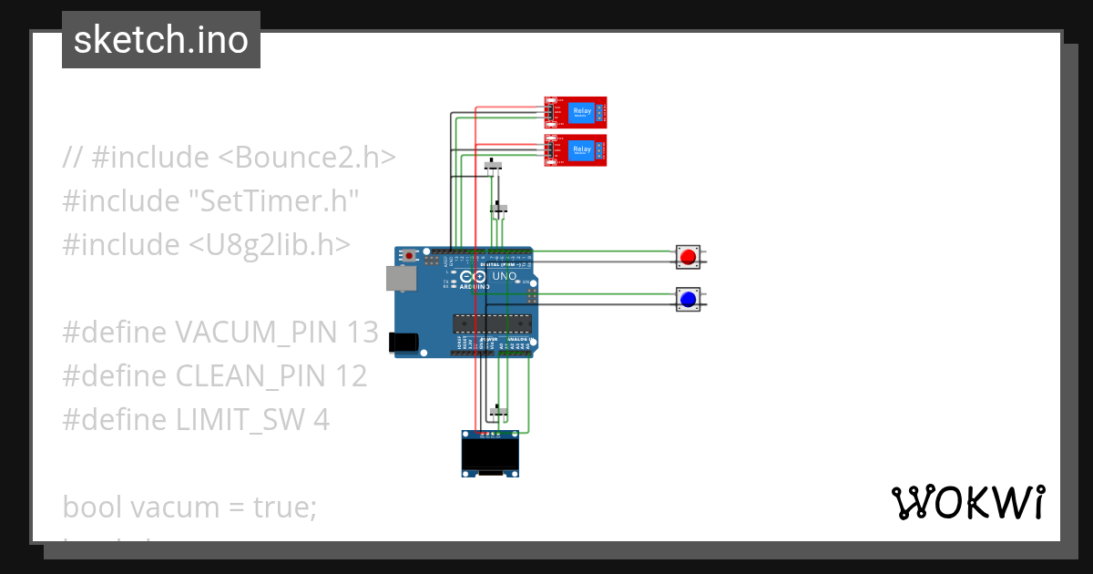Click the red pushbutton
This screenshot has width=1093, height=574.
point(688,257)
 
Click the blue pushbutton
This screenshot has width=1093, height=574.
point(688,299)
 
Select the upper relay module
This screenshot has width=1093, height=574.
point(576,111)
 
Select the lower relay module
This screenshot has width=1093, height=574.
point(576,149)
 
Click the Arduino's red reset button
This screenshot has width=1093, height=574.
point(410,256)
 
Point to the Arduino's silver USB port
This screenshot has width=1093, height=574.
point(398,278)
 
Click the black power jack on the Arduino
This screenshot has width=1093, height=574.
point(403,342)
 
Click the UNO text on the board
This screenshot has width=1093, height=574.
point(504,275)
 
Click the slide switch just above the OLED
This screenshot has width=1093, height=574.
point(496,412)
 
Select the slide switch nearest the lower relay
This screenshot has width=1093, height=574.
point(495,166)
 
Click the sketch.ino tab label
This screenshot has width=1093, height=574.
point(161,40)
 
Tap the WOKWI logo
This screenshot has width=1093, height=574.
point(967,503)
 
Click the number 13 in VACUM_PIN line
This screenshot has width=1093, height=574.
point(362,333)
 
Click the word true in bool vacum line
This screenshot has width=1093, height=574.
point(281,507)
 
